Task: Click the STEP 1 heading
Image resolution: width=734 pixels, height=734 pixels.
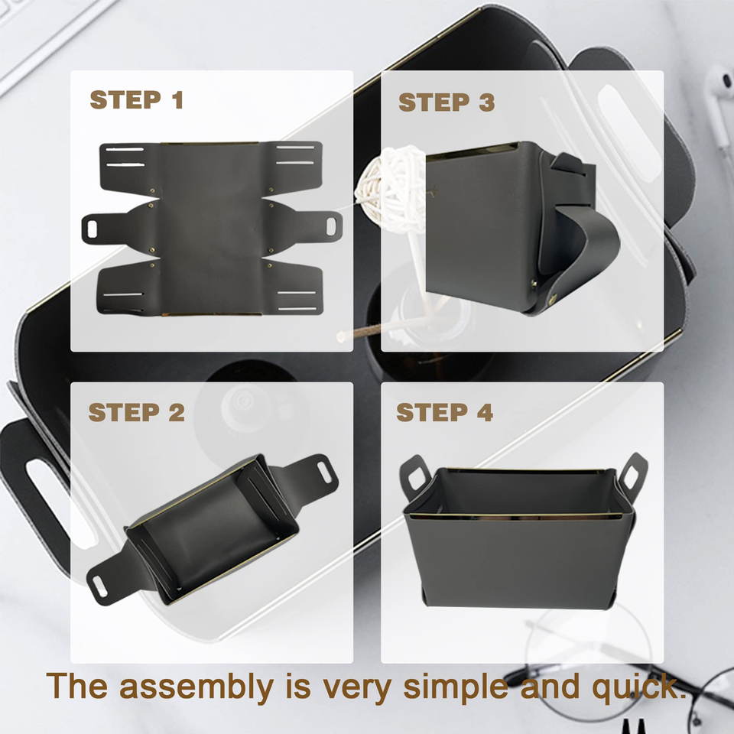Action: tap(136, 99)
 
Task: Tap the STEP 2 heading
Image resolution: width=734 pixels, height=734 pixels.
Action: tap(136, 412)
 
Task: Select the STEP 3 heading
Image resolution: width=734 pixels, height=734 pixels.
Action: tap(446, 102)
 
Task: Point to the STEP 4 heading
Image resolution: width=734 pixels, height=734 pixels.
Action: tap(444, 412)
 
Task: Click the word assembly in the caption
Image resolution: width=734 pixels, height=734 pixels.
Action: tap(196, 687)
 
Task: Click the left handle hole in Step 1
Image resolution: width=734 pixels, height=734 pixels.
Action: tap(93, 229)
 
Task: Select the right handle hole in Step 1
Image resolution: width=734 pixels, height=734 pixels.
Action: tap(331, 226)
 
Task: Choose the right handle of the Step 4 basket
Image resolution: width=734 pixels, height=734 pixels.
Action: tap(632, 474)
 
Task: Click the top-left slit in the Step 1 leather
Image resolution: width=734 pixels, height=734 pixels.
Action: tap(125, 149)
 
